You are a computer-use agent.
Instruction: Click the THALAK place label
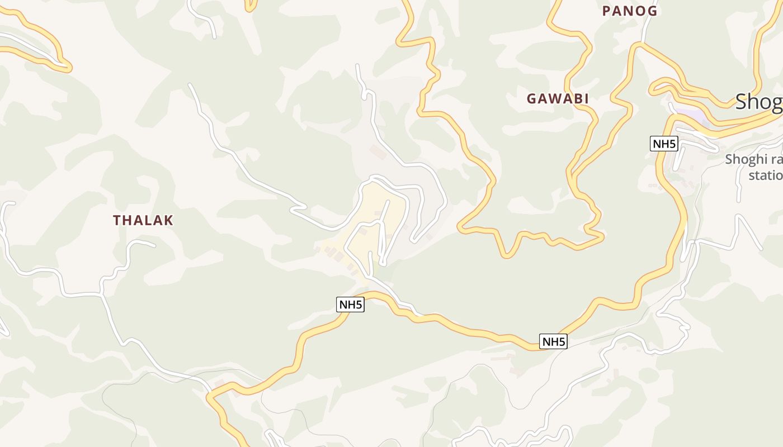point(143,220)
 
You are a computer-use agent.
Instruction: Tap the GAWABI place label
point(558,99)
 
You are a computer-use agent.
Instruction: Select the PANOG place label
point(629,11)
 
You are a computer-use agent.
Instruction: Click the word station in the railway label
point(766,175)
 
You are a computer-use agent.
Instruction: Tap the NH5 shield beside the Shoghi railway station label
point(664,144)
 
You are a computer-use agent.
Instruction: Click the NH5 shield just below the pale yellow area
point(351,305)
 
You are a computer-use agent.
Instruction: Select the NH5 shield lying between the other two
point(553,341)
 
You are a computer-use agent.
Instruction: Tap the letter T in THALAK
point(117,220)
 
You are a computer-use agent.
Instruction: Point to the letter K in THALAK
point(169,220)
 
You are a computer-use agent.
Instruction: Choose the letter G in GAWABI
point(531,99)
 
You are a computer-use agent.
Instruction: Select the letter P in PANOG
point(606,11)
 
